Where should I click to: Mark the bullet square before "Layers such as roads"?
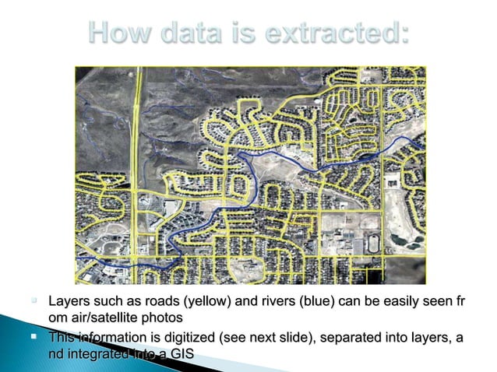pos(34,300)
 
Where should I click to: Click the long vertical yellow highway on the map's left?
pos(134,156)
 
